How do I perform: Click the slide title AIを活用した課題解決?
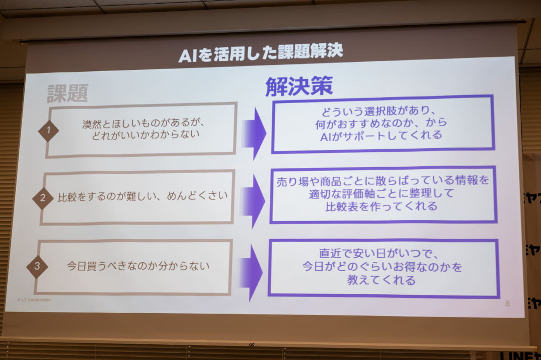point(261,54)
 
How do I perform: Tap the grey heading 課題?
point(68,93)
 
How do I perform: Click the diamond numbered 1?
point(48,131)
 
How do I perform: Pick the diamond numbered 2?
point(43,198)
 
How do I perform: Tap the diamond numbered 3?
point(37,266)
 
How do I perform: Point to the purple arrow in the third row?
point(250,267)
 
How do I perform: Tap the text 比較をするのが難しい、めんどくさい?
point(142,196)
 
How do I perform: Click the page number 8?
point(507,304)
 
